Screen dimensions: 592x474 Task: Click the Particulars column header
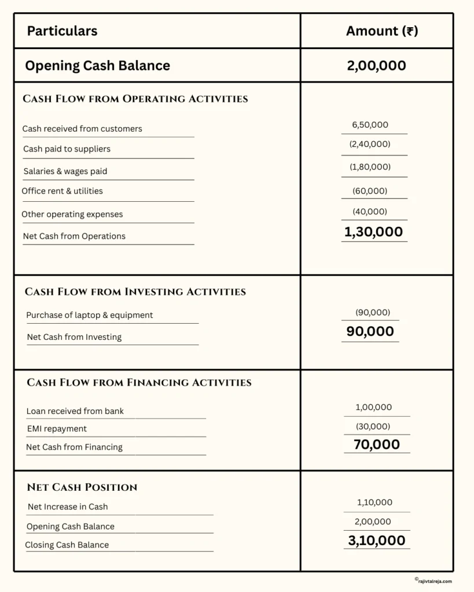point(62,31)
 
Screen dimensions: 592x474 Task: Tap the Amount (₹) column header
point(381,31)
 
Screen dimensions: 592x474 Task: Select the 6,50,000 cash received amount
point(370,125)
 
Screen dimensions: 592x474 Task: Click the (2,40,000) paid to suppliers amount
point(370,144)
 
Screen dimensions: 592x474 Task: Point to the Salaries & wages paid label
point(65,171)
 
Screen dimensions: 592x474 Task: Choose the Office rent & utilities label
point(62,191)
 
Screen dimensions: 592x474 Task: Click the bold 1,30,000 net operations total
point(373,232)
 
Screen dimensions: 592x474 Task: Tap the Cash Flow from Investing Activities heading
point(135,292)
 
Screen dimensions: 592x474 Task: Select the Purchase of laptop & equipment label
point(90,315)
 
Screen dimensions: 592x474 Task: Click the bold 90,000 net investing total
point(370,331)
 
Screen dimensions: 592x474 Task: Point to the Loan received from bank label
point(75,412)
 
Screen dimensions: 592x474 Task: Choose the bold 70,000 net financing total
point(376,444)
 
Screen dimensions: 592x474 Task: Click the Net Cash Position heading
point(82,487)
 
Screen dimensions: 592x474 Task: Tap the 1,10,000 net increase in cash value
point(374,502)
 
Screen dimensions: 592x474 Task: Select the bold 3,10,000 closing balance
point(376,541)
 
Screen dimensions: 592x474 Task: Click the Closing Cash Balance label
point(67,545)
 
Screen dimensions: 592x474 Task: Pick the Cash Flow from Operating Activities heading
point(135,99)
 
